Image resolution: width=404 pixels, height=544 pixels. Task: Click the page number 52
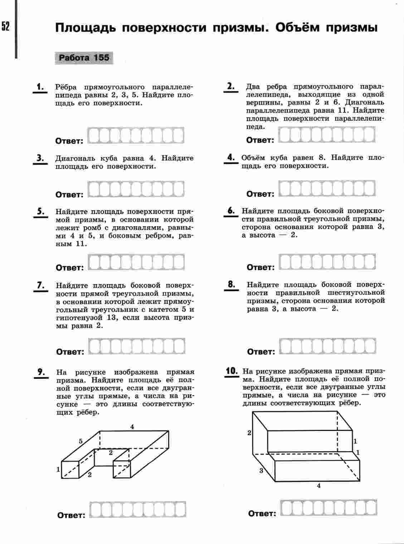5,26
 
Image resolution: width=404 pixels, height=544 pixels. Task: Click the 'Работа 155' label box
84,58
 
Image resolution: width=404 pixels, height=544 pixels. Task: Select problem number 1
40,87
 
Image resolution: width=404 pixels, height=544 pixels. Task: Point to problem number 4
231,157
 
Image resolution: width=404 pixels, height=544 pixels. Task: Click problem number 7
40,285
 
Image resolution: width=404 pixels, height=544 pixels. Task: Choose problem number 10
232,371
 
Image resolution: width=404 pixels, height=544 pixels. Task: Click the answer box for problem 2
327,135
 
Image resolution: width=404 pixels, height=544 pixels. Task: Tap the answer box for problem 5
136,262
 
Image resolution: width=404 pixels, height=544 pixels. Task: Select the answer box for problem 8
327,346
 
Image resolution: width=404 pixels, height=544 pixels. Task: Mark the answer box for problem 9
138,510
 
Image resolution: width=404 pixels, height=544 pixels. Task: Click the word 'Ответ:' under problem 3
69,195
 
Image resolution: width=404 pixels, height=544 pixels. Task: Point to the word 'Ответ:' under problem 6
261,267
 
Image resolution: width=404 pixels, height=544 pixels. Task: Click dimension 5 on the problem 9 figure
81,441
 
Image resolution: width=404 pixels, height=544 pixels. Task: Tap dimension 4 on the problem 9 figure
132,427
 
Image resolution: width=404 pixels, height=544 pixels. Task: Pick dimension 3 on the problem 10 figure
261,471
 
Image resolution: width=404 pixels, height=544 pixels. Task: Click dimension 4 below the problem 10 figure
319,486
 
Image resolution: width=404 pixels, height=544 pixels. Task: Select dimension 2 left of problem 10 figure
249,433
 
